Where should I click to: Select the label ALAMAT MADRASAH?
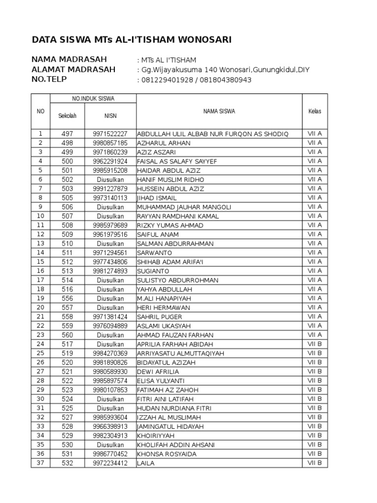74,69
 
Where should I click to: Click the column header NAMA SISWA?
219,112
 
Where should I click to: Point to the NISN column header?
109,116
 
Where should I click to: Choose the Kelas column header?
315,112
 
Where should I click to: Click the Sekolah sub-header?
67,116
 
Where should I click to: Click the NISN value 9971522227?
109,134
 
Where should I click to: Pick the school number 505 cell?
67,198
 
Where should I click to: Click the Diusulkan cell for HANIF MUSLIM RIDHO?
109,180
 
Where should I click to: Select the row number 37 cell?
40,463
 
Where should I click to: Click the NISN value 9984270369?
109,354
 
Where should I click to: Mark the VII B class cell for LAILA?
315,463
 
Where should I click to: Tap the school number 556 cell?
67,299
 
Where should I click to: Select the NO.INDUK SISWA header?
93,99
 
